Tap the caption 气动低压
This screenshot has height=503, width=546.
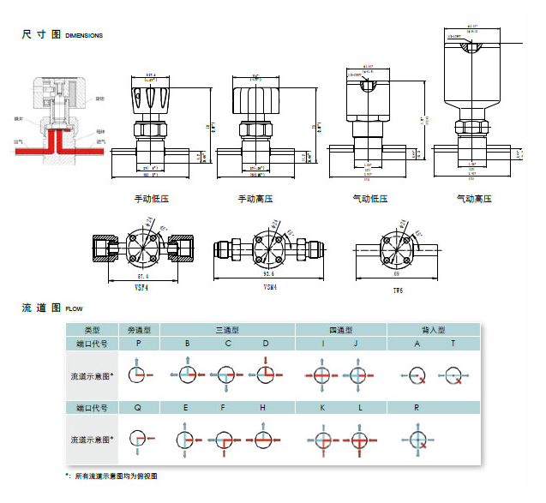[370, 199]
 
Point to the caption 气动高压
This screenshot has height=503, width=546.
[474, 199]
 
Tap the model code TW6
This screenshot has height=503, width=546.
[397, 290]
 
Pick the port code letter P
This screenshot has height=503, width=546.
[138, 344]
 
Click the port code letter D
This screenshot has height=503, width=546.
[265, 344]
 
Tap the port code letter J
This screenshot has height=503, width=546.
[357, 344]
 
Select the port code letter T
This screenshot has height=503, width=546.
[453, 344]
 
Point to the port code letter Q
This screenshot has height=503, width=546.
[138, 408]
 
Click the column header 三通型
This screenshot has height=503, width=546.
[227, 329]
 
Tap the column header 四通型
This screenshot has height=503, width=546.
[340, 329]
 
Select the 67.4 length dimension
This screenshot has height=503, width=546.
[142, 277]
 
